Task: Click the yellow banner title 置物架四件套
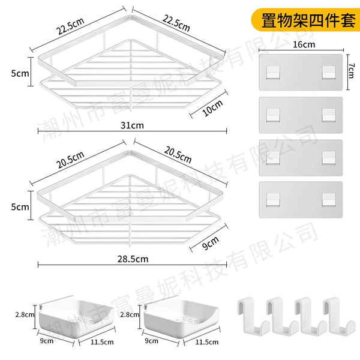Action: (x=308, y=20)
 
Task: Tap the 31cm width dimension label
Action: (x=132, y=125)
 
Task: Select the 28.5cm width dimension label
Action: (x=133, y=259)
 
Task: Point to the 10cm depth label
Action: (x=212, y=108)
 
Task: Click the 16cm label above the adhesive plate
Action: (x=304, y=44)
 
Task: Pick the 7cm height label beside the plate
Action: (x=351, y=71)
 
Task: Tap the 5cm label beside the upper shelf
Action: (x=20, y=73)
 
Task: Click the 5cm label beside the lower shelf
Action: (x=20, y=207)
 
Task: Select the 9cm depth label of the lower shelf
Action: (x=211, y=243)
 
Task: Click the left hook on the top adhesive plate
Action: (x=273, y=73)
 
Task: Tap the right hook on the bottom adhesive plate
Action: (x=329, y=200)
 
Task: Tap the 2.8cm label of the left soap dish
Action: (x=25, y=314)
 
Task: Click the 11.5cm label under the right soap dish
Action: (x=207, y=342)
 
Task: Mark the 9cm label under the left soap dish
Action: (x=47, y=341)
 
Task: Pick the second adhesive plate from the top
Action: (x=301, y=115)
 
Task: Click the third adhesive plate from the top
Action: (x=301, y=158)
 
